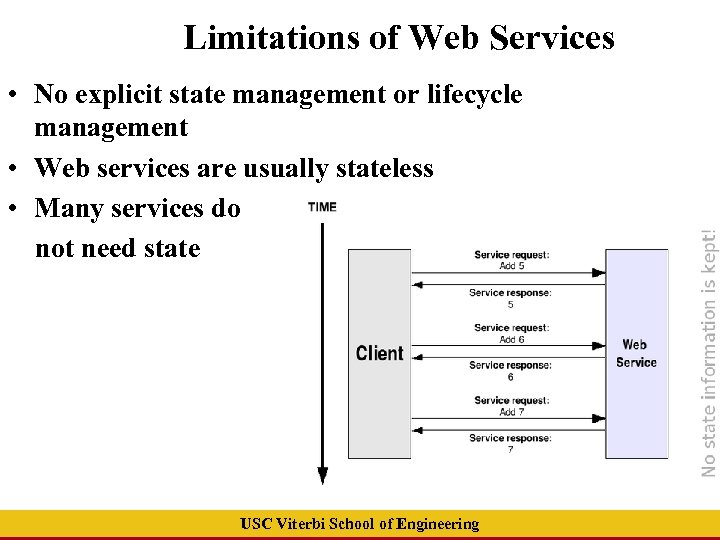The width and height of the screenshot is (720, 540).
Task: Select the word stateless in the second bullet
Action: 385,168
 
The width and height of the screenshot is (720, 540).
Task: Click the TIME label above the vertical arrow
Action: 322,207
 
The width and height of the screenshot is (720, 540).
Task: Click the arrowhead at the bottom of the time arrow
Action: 322,476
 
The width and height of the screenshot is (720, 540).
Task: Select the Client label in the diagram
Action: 379,353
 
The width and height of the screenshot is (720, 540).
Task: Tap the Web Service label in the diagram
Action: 636,353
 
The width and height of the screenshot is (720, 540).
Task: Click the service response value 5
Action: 510,304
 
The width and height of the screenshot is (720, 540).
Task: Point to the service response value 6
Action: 510,377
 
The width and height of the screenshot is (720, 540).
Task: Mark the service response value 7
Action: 510,450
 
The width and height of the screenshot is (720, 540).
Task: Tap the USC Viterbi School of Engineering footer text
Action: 360,524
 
